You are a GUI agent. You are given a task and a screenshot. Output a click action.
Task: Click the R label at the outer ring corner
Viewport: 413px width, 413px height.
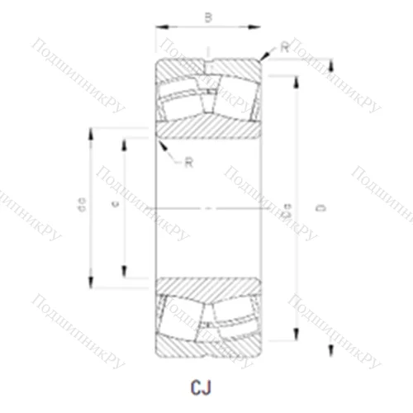(x=284, y=47)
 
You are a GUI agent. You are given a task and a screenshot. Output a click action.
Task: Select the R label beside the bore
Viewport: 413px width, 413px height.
(x=188, y=162)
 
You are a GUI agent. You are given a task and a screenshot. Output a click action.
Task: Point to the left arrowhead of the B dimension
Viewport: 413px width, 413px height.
(x=159, y=27)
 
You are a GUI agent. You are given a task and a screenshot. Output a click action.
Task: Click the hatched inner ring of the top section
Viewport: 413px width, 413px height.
(x=207, y=129)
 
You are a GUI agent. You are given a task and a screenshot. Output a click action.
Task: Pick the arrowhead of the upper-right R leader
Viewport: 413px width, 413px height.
(x=263, y=60)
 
